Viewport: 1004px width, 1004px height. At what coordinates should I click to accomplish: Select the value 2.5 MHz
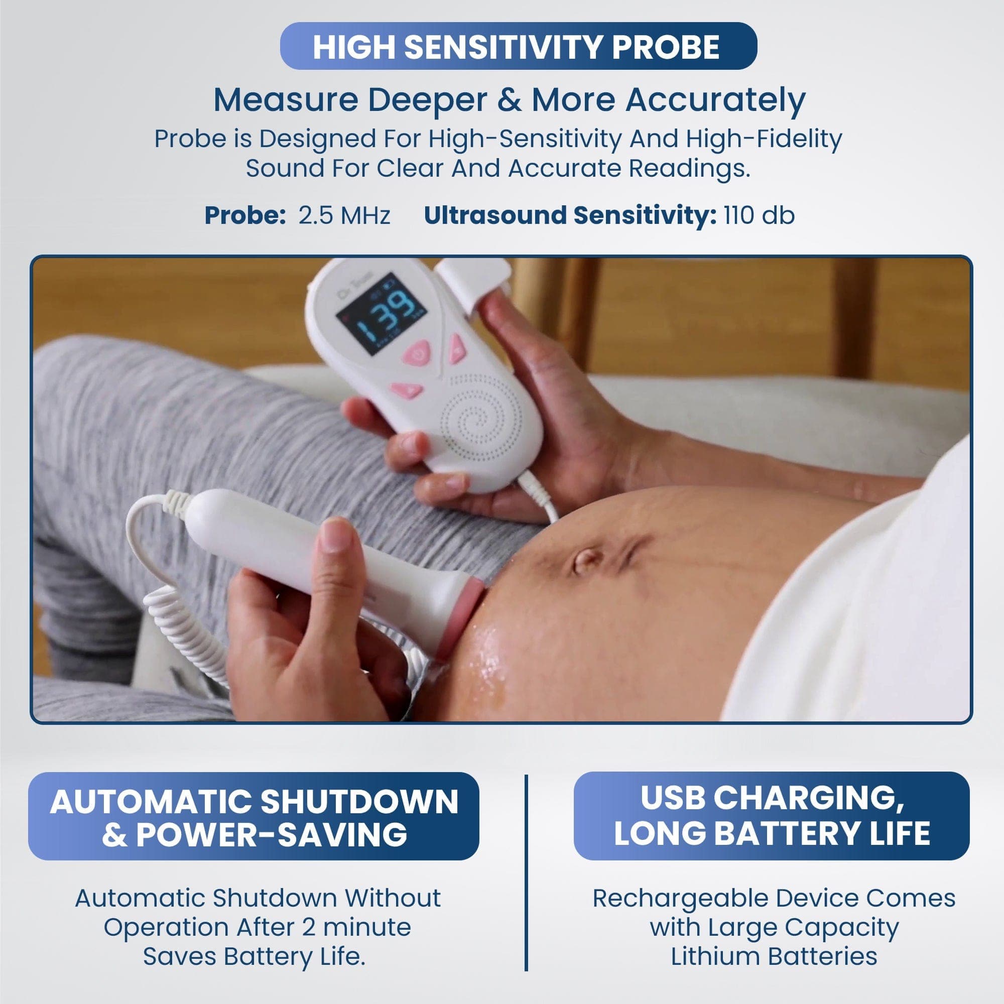[x=344, y=216]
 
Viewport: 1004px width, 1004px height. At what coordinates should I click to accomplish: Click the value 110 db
[x=759, y=216]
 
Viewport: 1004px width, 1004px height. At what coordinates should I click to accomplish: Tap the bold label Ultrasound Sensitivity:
[x=570, y=216]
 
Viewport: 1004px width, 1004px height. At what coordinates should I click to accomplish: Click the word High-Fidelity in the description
[x=764, y=139]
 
